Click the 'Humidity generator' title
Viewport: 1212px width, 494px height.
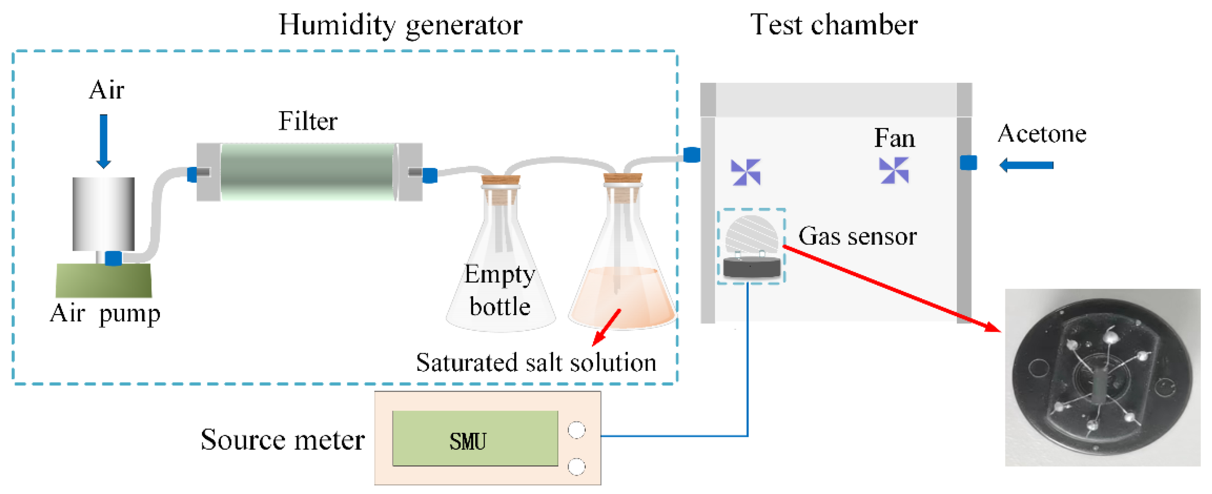400,25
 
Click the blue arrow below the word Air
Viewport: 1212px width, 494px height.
103,141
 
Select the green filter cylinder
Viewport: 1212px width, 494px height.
308,172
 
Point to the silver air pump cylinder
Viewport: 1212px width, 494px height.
103,214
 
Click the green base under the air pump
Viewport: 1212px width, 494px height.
103,280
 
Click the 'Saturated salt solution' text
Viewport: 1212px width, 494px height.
536,363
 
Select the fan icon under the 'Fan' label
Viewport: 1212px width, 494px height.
894,170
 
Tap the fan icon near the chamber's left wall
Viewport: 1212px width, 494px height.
746,172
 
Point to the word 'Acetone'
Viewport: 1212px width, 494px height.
1042,134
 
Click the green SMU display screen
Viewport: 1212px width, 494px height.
475,438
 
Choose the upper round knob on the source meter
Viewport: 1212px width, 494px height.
577,430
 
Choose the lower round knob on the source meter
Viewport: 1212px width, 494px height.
577,467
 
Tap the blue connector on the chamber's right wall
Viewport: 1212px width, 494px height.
968,163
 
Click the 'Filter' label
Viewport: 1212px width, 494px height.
308,121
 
